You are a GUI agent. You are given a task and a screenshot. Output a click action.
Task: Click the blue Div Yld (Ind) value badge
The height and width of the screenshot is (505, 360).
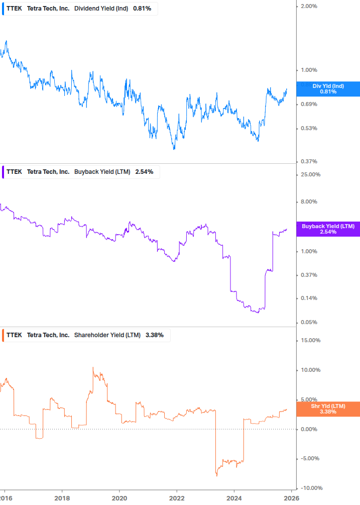pos(328,89)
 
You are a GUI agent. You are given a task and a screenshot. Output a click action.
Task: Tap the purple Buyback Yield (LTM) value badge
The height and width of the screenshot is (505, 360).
pos(328,229)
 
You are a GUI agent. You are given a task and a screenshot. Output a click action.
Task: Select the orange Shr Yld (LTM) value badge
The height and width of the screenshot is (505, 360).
pos(328,409)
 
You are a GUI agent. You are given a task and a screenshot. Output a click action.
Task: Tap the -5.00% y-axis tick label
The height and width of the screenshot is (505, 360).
pos(310,459)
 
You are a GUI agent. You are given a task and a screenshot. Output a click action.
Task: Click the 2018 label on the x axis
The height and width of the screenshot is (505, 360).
pos(62,498)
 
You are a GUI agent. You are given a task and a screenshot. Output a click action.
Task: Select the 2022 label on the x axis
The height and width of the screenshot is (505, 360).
pos(177,498)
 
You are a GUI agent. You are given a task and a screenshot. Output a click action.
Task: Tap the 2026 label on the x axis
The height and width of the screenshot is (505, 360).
pos(291,498)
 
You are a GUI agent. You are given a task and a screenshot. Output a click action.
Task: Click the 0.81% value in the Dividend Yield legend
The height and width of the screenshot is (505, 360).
pos(142,9)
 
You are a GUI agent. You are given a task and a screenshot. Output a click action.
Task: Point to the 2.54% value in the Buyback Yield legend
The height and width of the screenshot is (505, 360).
pos(144,172)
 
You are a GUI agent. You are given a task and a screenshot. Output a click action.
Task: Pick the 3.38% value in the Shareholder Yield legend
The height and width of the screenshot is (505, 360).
pos(154,335)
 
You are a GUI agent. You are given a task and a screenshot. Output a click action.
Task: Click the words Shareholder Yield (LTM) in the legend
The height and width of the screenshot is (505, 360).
pos(107,335)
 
